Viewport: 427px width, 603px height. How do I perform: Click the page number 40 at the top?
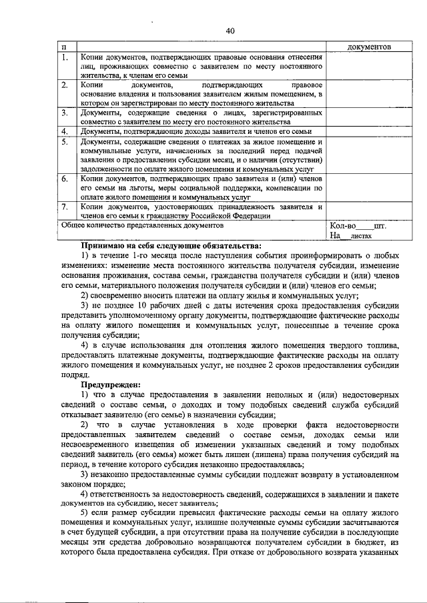tap(230, 31)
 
